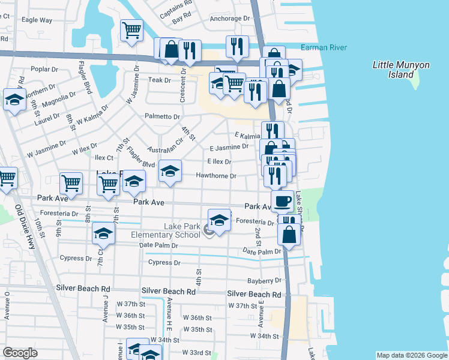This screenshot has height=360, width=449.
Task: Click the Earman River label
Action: click(324, 47)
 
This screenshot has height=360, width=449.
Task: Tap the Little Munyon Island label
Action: click(394, 70)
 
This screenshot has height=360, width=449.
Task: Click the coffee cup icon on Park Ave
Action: click(282, 200)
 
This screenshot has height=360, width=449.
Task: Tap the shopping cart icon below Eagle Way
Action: click(131, 30)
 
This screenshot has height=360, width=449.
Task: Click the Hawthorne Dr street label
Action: click(216, 176)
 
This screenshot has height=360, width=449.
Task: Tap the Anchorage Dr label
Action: click(229, 19)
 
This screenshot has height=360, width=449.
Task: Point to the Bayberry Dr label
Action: click(264, 281)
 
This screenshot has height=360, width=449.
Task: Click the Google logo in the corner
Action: click(20, 353)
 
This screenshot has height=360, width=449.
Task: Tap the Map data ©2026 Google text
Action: click(411, 355)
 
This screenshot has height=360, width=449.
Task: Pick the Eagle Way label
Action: click(37, 20)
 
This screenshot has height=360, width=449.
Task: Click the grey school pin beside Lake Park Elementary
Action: click(208, 229)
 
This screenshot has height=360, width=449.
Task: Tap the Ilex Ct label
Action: click(104, 158)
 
